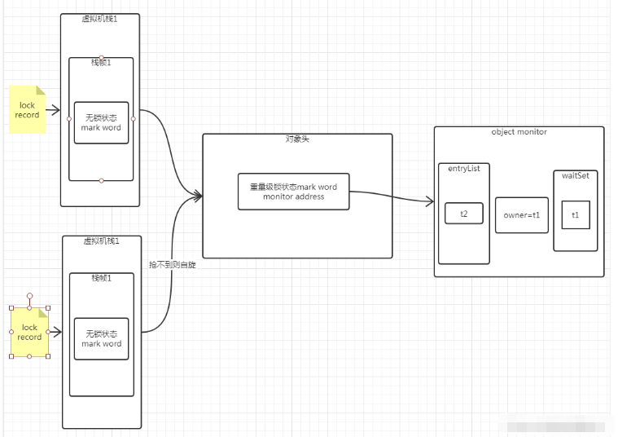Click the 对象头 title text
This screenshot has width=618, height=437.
coord(297,139)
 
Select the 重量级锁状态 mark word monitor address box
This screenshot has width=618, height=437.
coord(293,192)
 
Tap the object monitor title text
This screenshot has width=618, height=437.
coord(519,132)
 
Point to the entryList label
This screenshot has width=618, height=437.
coord(463,168)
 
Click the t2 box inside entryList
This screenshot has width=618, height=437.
coord(464,214)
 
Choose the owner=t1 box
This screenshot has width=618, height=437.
coord(521,215)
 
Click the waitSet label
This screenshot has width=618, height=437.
coord(575,175)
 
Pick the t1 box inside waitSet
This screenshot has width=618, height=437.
coord(575,215)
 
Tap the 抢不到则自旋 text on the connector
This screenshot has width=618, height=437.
coord(172,265)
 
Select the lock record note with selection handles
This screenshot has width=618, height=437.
coord(29,332)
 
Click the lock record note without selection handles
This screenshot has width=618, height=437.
coord(28,110)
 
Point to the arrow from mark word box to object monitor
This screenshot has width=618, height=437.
coord(391,196)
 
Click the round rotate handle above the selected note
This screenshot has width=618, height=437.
coord(29,295)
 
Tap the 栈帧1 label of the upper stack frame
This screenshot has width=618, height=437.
coord(101,63)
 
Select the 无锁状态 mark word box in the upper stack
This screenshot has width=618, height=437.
coord(101,123)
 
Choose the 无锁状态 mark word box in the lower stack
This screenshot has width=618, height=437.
coord(101,338)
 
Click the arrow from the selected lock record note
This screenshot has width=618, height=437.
coord(55,331)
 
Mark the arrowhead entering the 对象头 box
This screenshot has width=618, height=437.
coord(197,195)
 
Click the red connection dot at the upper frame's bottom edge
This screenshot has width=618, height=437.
coord(101,180)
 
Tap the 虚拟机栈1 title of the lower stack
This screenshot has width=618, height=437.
coord(101,241)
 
